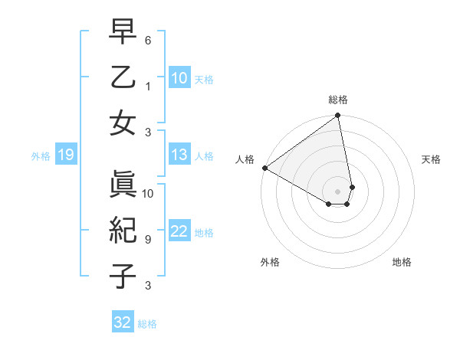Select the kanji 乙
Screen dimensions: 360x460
click(123, 80)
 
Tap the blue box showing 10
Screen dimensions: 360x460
click(179, 77)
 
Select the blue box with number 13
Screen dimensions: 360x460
click(179, 155)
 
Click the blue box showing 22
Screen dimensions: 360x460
click(179, 232)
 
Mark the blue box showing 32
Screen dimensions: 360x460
click(123, 322)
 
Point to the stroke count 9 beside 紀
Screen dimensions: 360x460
click(148, 240)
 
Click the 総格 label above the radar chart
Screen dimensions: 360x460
click(338, 100)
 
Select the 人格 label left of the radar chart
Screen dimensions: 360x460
click(245, 159)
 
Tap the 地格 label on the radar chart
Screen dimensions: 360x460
click(402, 262)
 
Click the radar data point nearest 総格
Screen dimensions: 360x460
click(338, 116)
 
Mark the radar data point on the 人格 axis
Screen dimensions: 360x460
click(264, 168)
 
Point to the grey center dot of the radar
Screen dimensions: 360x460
click(338, 191)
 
